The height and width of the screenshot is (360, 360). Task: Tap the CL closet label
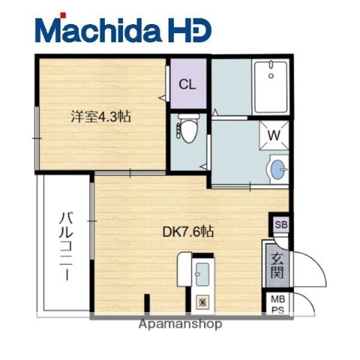click(187, 84)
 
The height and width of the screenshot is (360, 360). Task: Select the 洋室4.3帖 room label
click(101, 118)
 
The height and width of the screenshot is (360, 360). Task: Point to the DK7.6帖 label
click(189, 232)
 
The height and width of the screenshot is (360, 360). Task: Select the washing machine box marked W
click(274, 136)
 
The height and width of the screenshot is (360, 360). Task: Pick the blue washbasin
click(277, 169)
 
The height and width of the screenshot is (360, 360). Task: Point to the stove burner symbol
click(201, 303)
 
